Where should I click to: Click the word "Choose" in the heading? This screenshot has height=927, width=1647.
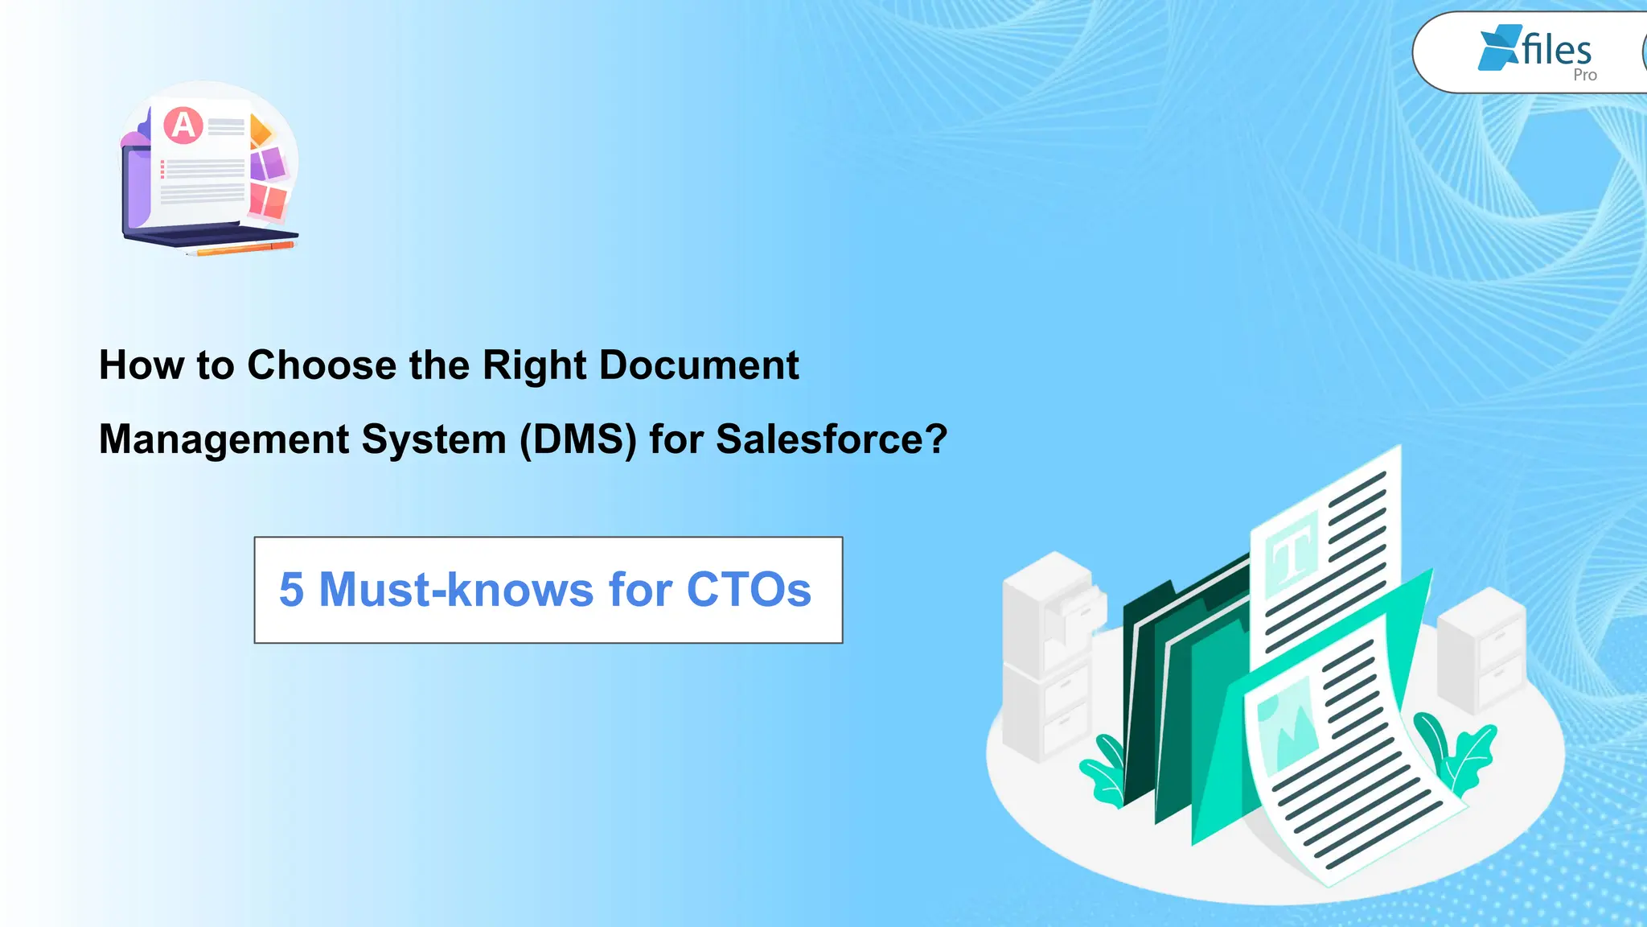tap(322, 365)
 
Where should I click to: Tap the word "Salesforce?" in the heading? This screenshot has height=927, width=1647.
tap(832, 439)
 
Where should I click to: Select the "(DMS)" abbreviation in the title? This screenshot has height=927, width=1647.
tap(578, 439)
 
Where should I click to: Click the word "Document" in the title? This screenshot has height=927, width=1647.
tap(699, 365)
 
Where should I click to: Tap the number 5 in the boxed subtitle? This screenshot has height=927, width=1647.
tap(291, 590)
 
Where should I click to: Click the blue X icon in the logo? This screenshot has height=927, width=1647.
tap(1498, 47)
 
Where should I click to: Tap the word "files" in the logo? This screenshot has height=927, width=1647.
tap(1556, 50)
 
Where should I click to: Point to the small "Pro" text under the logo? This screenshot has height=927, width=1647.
tap(1584, 75)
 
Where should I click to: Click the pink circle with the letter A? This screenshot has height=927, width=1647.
tap(183, 126)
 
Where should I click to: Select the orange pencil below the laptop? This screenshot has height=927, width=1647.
tap(241, 249)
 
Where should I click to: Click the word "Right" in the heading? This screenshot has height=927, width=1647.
tap(534, 365)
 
